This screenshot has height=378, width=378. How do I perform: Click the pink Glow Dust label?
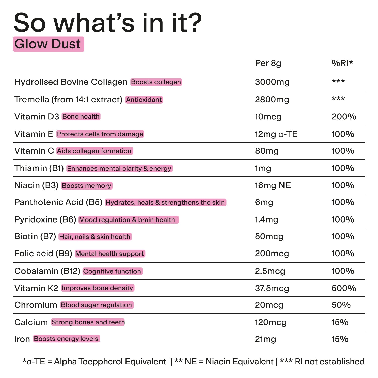click(48, 44)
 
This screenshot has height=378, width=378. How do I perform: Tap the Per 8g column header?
click(268, 63)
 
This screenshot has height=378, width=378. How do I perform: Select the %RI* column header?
click(342, 63)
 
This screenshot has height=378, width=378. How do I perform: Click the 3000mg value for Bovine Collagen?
click(272, 82)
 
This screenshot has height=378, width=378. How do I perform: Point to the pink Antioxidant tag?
click(144, 100)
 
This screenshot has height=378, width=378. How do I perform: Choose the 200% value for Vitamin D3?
click(344, 117)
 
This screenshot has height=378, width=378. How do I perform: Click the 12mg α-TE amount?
click(276, 134)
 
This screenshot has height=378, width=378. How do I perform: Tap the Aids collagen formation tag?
click(94, 151)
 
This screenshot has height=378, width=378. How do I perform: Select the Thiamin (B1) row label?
click(39, 168)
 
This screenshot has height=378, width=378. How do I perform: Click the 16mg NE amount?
click(273, 185)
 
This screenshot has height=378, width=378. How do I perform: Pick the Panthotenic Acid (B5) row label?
click(58, 202)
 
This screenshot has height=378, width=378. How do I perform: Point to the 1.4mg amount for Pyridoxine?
click(266, 220)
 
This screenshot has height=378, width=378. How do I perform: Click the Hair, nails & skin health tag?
click(95, 237)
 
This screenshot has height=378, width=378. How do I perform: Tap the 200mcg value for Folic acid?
click(272, 254)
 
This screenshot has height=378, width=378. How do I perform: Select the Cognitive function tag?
click(112, 271)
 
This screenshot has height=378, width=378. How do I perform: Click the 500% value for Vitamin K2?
click(344, 288)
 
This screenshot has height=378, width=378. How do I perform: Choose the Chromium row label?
click(36, 305)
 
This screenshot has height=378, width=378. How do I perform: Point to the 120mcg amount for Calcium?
click(271, 322)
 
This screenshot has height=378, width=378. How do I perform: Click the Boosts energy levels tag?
click(66, 339)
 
